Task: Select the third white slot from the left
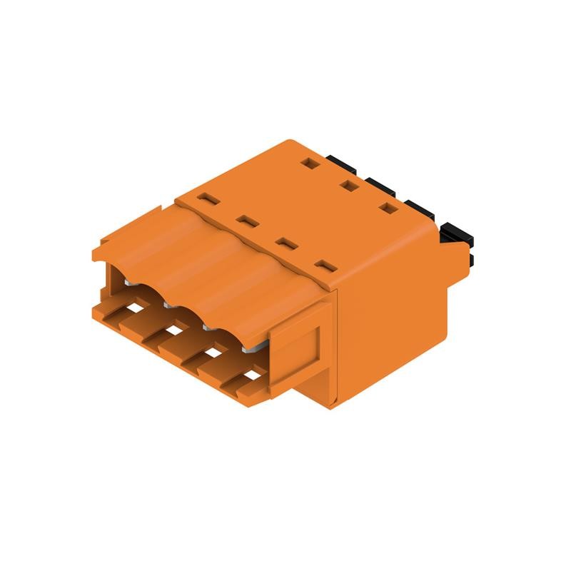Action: pos(212,353)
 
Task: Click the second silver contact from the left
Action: pos(168,305)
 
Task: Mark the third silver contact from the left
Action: pos(210,327)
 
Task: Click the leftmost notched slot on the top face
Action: pos(206,198)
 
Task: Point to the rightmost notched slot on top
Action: pos(325,266)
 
